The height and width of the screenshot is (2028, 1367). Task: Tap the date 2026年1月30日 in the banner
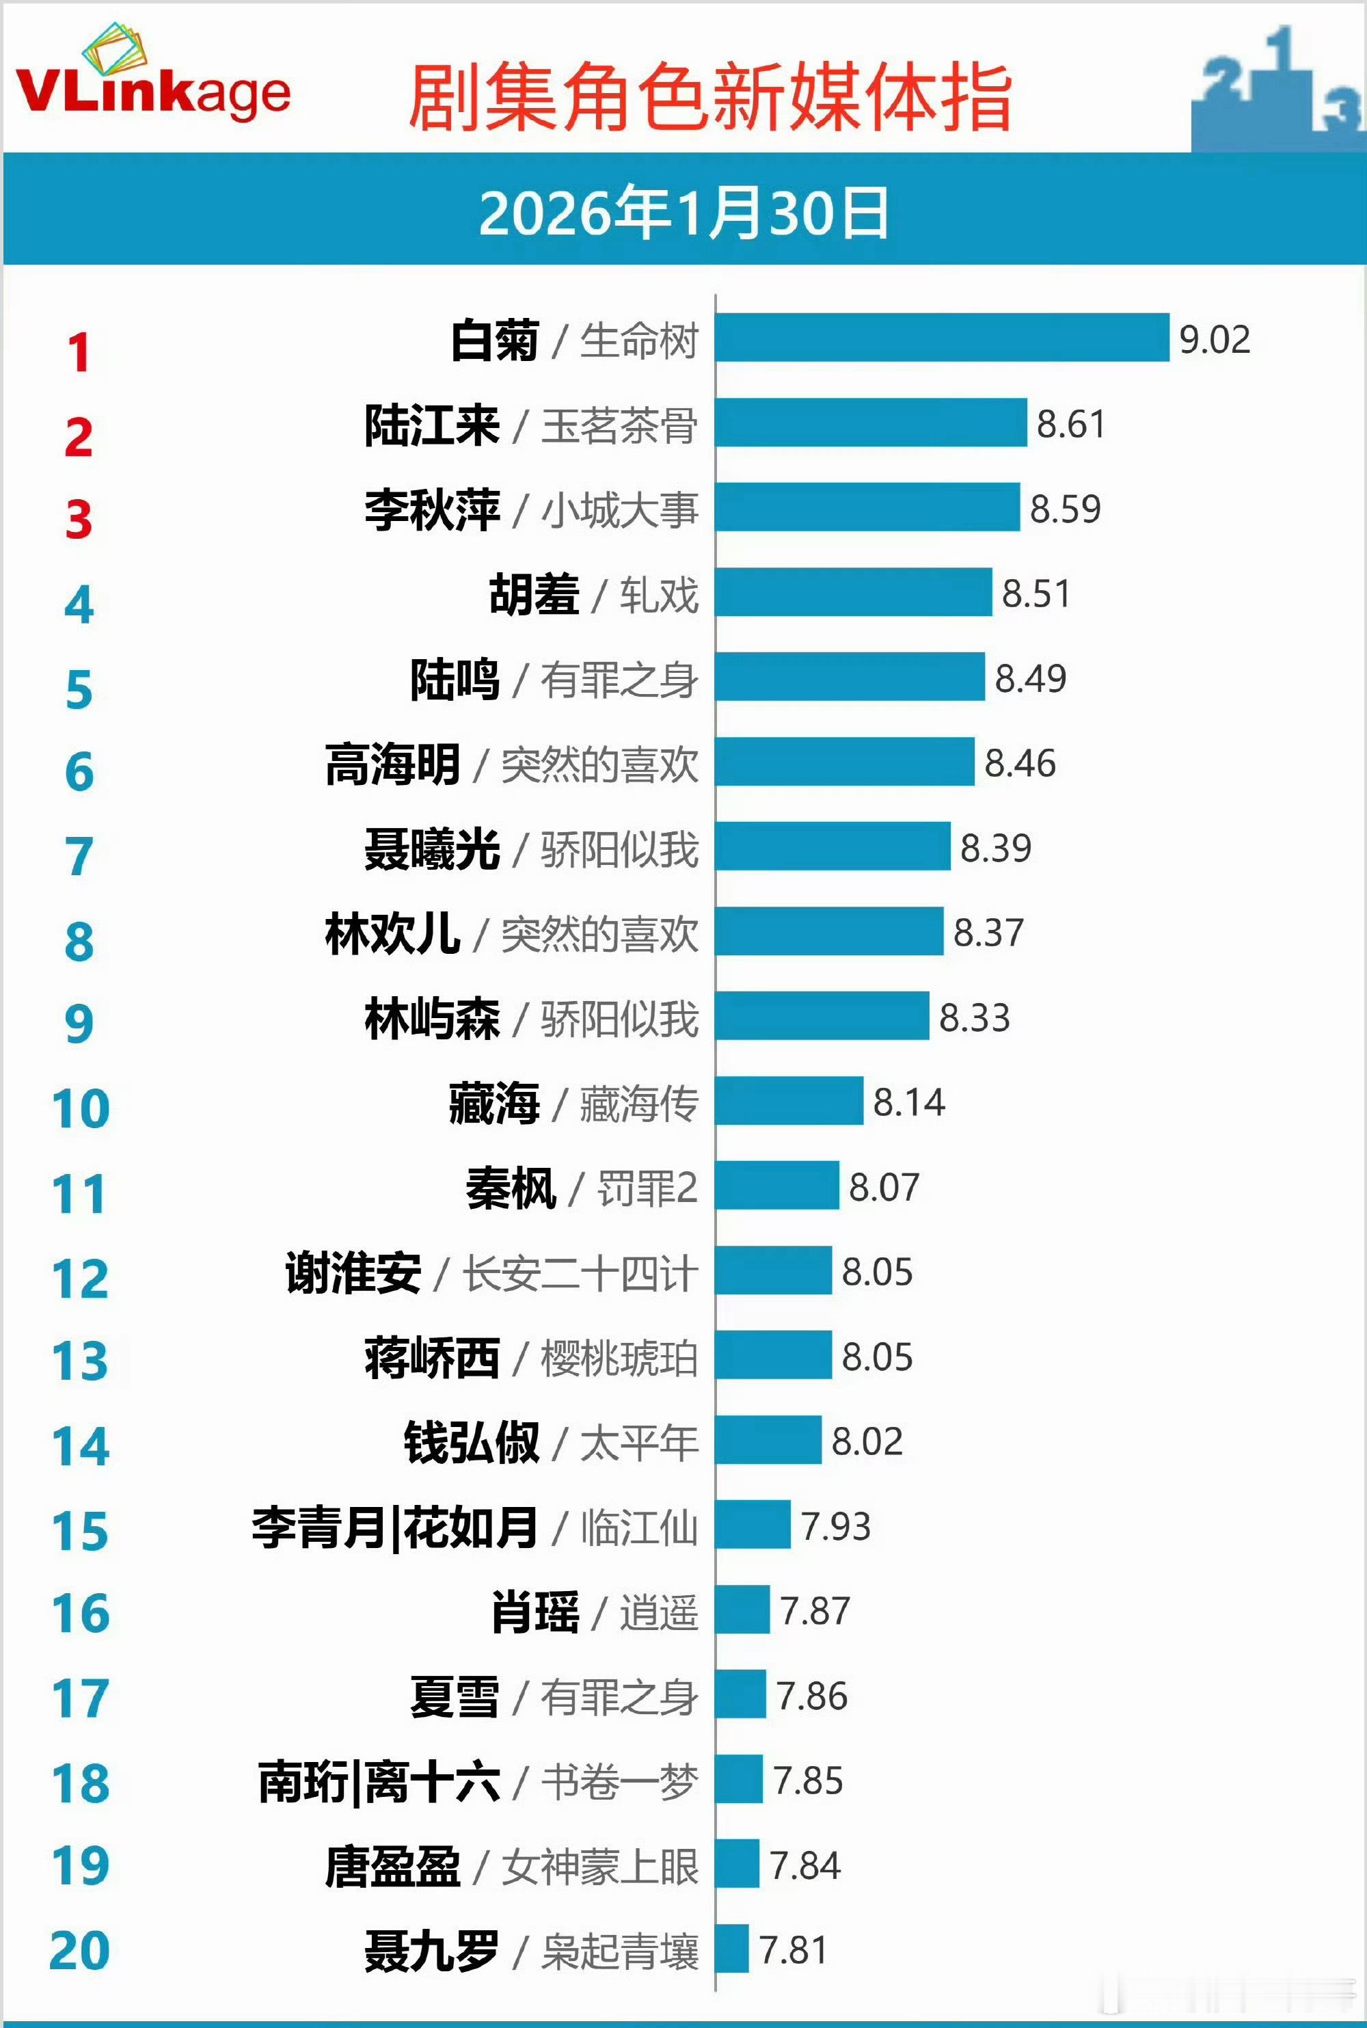[684, 213]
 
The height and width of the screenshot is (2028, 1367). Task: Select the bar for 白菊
[942, 337]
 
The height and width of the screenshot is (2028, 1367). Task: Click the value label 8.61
[1070, 424]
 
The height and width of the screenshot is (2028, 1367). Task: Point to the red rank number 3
[79, 520]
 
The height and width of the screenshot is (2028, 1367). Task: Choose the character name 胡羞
[534, 595]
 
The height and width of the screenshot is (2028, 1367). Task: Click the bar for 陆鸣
[850, 677]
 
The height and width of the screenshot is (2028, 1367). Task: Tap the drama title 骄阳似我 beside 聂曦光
[619, 849]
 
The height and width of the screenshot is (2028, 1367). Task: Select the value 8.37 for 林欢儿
[988, 932]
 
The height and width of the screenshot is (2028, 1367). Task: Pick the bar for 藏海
[789, 1100]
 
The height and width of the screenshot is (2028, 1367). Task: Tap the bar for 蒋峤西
[773, 1355]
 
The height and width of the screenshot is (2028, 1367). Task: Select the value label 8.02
[867, 1441]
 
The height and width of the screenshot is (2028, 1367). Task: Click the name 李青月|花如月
[394, 1527]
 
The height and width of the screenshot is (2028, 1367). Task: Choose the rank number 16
[80, 1613]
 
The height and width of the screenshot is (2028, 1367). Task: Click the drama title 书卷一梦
[619, 1781]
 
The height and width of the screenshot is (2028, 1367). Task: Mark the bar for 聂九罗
[732, 1949]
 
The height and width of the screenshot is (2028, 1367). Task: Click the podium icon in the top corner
[1277, 92]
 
